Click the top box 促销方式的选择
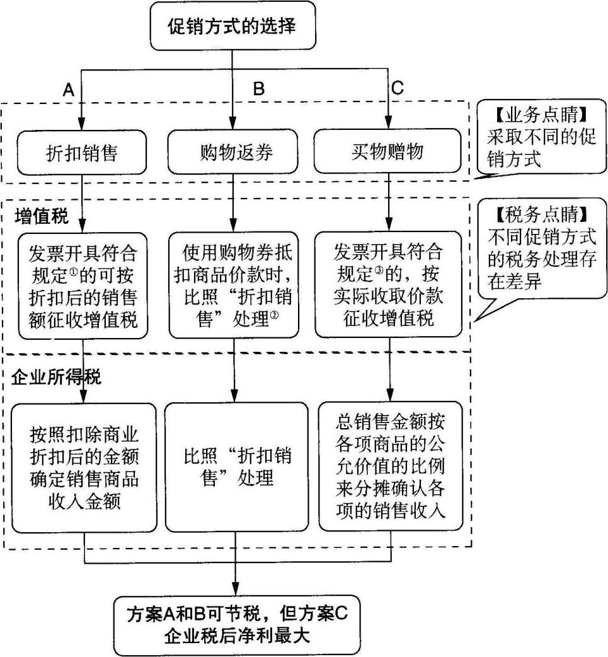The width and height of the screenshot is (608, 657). pyautogui.click(x=232, y=26)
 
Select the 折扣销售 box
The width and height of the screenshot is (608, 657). pyautogui.click(x=83, y=153)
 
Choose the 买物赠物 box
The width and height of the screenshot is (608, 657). pyautogui.click(x=387, y=153)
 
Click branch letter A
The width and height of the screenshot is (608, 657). pyautogui.click(x=69, y=90)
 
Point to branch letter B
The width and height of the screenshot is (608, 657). pyautogui.click(x=259, y=90)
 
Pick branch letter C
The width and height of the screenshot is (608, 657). pyautogui.click(x=397, y=90)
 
